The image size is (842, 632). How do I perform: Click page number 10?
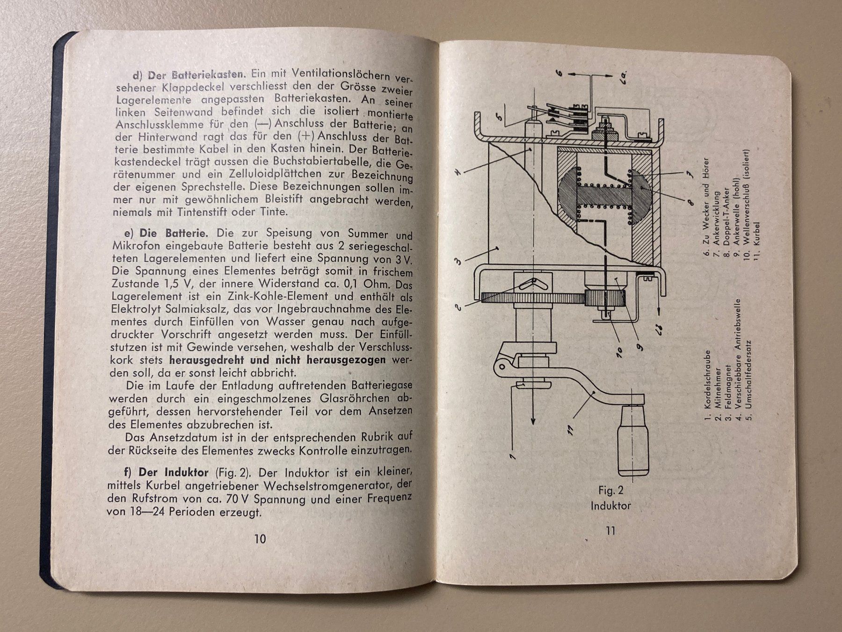260,539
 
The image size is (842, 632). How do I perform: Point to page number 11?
610,530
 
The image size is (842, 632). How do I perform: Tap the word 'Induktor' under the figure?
610,506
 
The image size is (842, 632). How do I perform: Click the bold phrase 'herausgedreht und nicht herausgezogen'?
277,360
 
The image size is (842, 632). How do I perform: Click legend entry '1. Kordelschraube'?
708,386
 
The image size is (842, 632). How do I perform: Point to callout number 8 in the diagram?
690,203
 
